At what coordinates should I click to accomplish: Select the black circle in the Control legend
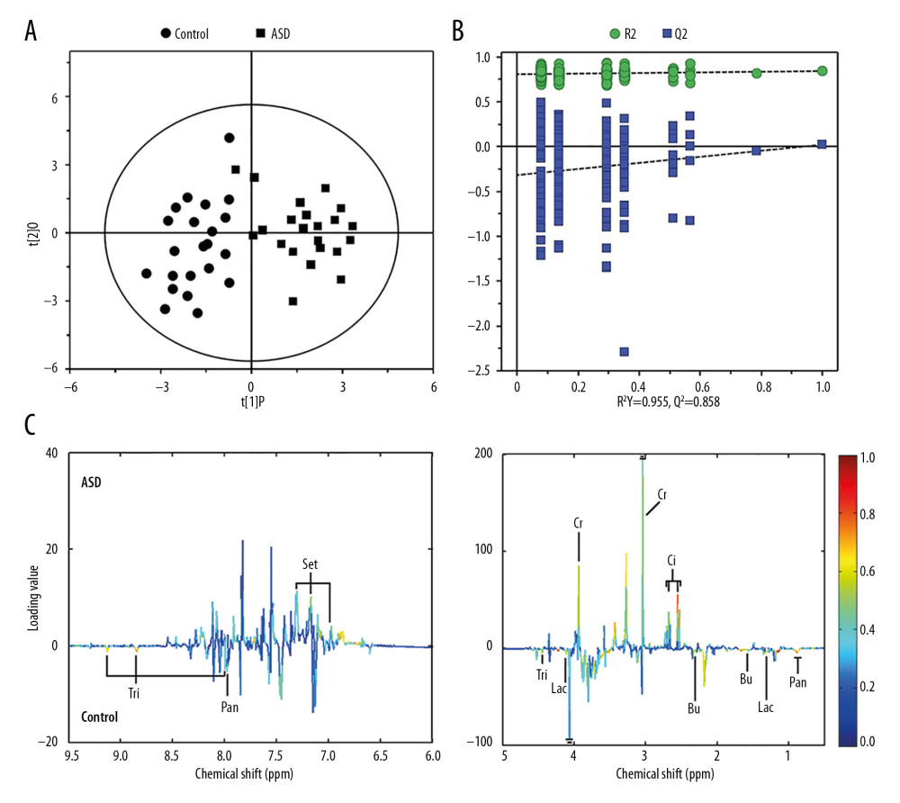pos(166,34)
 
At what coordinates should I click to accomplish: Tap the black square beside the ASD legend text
pos(260,34)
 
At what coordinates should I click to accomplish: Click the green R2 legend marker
pos(615,34)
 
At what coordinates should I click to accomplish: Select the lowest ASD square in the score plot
pos(292,301)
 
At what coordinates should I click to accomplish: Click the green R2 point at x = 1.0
pos(822,71)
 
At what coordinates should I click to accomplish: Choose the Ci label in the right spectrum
pos(672,560)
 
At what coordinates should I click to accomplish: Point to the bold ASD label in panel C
pos(90,482)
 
